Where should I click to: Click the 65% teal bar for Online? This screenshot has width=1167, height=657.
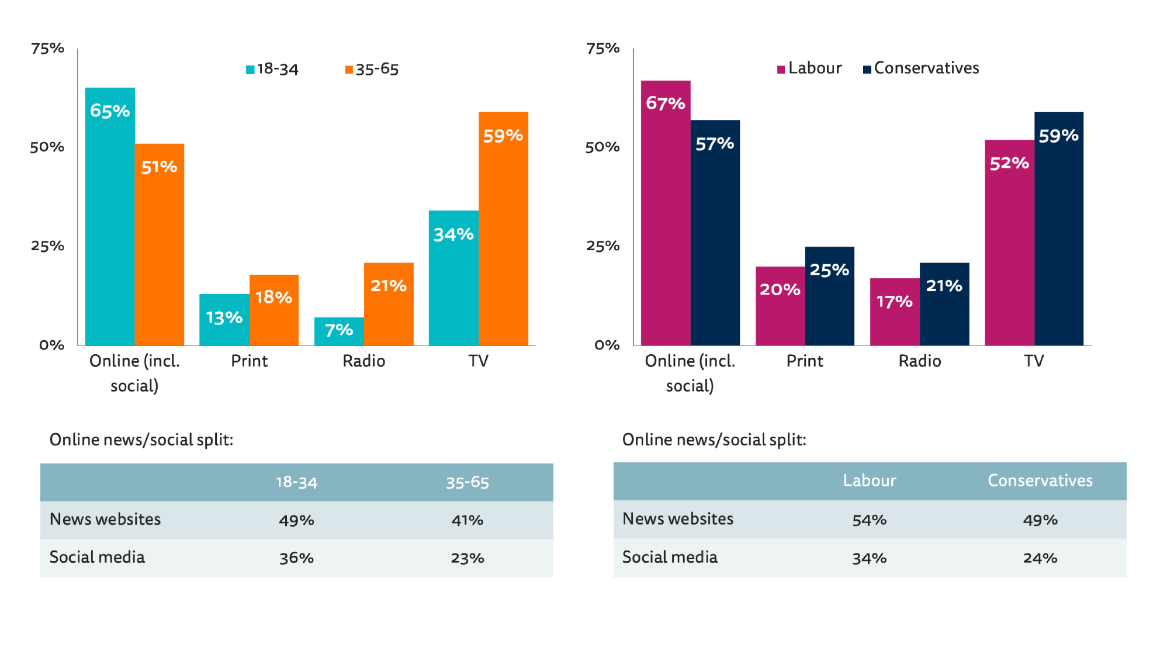[x=110, y=216]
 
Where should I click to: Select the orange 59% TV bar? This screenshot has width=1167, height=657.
[x=503, y=229]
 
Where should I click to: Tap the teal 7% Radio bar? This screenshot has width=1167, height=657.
[x=339, y=331]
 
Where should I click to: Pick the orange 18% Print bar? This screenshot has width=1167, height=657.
[x=273, y=310]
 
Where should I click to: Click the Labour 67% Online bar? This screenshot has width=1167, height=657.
[x=666, y=213]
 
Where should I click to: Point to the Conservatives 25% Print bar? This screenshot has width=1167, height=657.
[x=829, y=296]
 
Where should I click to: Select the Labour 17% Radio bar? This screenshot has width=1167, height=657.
[x=895, y=312]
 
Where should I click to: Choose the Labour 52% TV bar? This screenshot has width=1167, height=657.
[x=1009, y=243]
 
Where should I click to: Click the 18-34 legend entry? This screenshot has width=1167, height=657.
[x=272, y=69]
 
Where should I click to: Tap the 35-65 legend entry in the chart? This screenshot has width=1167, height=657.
[x=372, y=69]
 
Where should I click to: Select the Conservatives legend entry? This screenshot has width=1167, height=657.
[x=921, y=68]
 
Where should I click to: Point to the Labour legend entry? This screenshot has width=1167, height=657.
[x=809, y=68]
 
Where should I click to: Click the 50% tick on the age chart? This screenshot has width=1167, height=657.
[x=47, y=147]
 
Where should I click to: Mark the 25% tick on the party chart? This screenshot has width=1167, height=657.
[x=602, y=245]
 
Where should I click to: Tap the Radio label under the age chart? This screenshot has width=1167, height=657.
[x=363, y=361]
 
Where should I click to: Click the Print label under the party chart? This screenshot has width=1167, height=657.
[x=805, y=361]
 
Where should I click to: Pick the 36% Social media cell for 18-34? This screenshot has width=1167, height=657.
[x=296, y=558]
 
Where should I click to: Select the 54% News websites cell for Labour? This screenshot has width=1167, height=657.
[x=869, y=520]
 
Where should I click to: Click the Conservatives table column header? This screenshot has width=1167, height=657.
[x=1040, y=480]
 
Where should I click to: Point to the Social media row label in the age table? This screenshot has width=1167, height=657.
[x=97, y=557]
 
